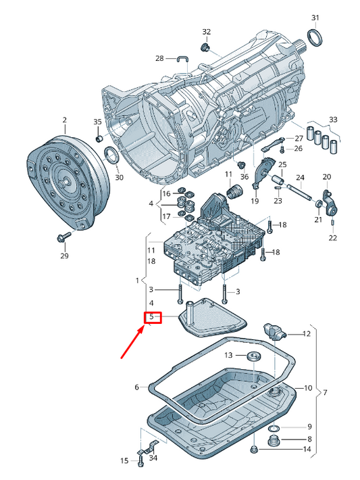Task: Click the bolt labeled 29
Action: click(x=62, y=237)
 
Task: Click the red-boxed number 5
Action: click(x=152, y=316)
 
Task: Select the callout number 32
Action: click(x=207, y=32)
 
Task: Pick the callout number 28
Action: click(x=159, y=59)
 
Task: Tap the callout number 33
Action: click(x=332, y=120)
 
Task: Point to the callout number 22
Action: click(x=332, y=238)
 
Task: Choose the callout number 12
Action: click(x=306, y=333)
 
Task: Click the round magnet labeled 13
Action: click(x=255, y=356)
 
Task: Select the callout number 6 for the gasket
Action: click(x=136, y=387)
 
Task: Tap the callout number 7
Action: click(x=325, y=393)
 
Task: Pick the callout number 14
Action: click(x=306, y=450)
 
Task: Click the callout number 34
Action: click(x=153, y=458)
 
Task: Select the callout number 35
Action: click(x=97, y=122)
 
